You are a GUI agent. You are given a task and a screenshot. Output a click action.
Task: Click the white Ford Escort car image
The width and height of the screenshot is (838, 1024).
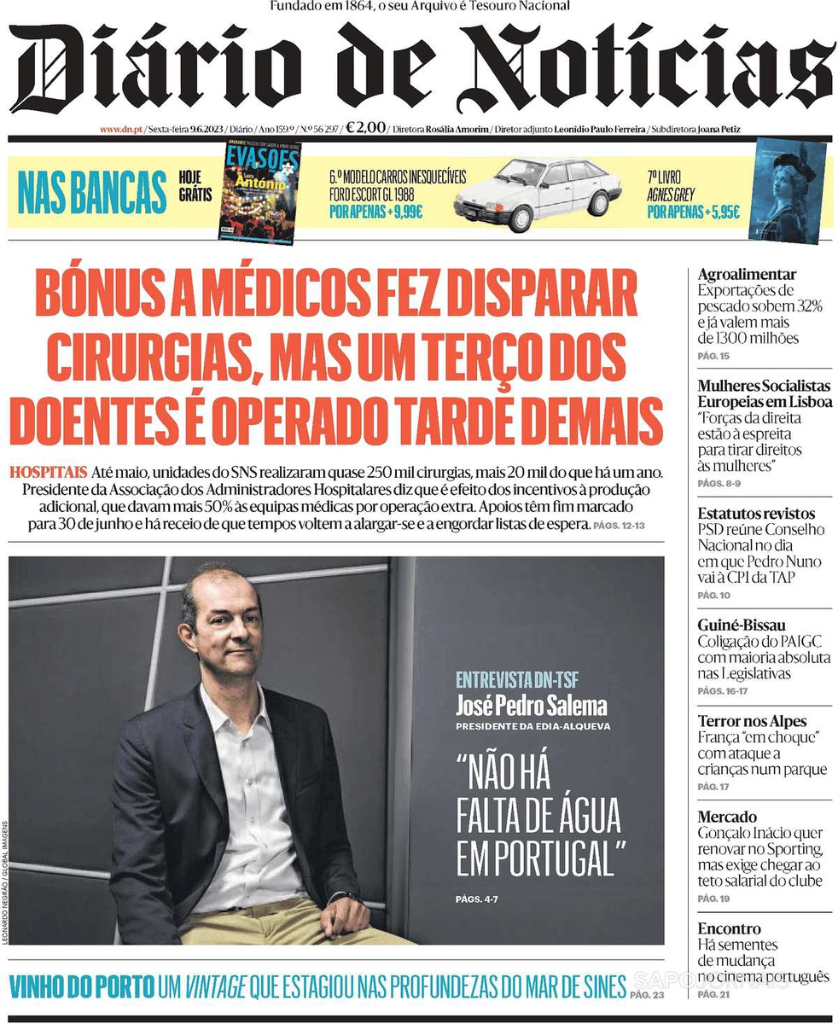point(538,195)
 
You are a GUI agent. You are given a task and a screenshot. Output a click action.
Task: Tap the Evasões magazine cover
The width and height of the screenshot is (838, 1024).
point(261,191)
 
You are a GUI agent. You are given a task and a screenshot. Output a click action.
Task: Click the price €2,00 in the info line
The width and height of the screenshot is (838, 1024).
point(365,128)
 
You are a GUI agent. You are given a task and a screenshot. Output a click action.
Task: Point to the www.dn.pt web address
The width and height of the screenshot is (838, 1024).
point(120,130)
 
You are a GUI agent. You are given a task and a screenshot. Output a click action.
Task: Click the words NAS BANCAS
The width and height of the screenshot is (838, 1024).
point(92,193)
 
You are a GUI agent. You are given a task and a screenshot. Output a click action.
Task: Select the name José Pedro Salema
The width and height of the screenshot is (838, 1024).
point(532,707)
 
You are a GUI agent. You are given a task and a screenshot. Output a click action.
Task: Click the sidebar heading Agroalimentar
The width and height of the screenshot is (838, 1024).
point(747,275)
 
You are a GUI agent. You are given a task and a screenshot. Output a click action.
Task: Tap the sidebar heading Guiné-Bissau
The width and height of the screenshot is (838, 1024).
point(741,625)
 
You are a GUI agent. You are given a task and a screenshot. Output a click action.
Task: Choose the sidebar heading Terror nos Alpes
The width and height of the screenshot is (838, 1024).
point(751,721)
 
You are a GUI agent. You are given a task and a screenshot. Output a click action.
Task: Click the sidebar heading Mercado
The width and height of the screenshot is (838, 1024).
point(726,817)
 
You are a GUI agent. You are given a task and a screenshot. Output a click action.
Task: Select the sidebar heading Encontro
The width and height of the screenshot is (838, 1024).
point(729,928)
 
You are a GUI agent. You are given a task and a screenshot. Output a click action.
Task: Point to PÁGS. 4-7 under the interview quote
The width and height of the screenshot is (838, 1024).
point(477,899)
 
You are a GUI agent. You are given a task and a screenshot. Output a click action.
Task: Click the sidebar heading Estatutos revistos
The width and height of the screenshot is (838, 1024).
point(755,514)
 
